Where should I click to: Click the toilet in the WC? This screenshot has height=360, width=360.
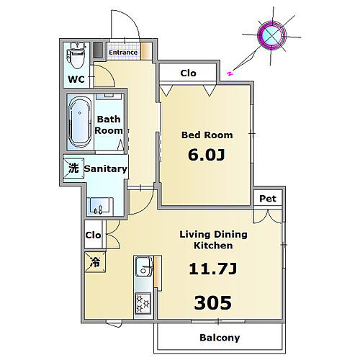pos(76,55)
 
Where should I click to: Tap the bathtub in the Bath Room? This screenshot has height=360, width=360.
pos(80,122)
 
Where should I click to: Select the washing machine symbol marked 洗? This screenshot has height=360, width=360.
pos(73,168)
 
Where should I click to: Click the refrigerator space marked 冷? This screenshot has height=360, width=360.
pos(95,262)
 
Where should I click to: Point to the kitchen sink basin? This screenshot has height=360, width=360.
pos(143,266)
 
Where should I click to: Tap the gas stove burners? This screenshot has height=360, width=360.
pos(143,303)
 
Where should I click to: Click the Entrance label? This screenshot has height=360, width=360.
pos(123,53)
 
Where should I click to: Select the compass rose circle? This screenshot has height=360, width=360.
pos(271,35)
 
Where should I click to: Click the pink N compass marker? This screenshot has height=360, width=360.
pos(230,73)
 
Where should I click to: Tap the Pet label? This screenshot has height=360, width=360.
pos(268,199)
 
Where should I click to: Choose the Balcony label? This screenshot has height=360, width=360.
pos(220,338)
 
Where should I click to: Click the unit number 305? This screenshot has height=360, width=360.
pos(213,302)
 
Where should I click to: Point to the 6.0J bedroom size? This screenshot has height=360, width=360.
pos(207,155)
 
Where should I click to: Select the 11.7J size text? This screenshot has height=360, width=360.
pos(213,269)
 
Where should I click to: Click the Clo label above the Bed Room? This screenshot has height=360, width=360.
pos(188,73)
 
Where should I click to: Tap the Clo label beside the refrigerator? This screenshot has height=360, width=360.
pos(93,235)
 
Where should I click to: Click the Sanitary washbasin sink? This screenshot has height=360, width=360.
pos(100,206)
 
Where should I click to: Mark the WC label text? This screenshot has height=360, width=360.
pos(76,79)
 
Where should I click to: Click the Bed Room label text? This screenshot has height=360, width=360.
pos(207,135)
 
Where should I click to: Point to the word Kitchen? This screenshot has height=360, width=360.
pos(213,246)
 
